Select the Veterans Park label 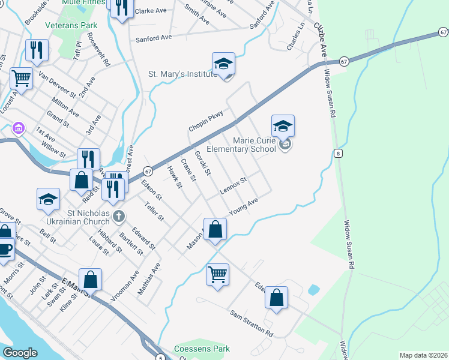click(71, 26)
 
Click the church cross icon click(119, 215)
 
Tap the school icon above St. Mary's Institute click(223, 64)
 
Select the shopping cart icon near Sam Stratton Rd click(217, 275)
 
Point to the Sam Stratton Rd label click(252, 323)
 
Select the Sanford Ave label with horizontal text click(154, 38)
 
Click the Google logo click(20, 353)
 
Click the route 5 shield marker click(161, 358)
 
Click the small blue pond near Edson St click(313, 290)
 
